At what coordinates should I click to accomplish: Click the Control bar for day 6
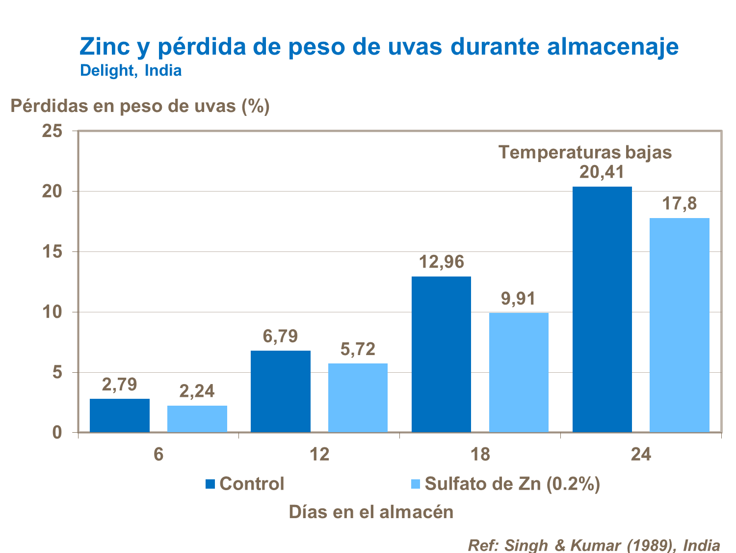[x=120, y=415]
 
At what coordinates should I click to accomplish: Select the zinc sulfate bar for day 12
[x=358, y=398]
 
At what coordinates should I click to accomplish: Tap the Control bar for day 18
[x=441, y=355]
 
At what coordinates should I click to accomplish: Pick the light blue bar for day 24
[x=680, y=325]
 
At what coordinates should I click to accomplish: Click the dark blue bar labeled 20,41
[x=602, y=309]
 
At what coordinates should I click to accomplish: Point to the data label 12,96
[x=441, y=262]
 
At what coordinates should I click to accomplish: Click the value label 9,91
[x=518, y=299]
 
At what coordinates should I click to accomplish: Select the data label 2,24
[x=197, y=391]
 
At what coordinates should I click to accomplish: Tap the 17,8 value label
[x=680, y=203]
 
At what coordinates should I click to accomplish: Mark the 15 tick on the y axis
[x=52, y=252]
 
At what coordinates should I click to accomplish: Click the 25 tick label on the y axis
[x=52, y=131]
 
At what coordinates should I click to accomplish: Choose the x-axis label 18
[x=480, y=454]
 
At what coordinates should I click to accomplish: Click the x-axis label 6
[x=158, y=454]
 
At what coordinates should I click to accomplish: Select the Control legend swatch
[x=210, y=484]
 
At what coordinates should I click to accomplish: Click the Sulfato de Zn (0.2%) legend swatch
[x=415, y=484]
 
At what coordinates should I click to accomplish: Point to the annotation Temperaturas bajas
[x=585, y=152]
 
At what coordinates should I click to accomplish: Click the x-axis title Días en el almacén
[x=371, y=512]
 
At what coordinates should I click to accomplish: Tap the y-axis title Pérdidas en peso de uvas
[x=140, y=106]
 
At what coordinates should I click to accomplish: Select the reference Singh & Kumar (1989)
[x=594, y=545]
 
